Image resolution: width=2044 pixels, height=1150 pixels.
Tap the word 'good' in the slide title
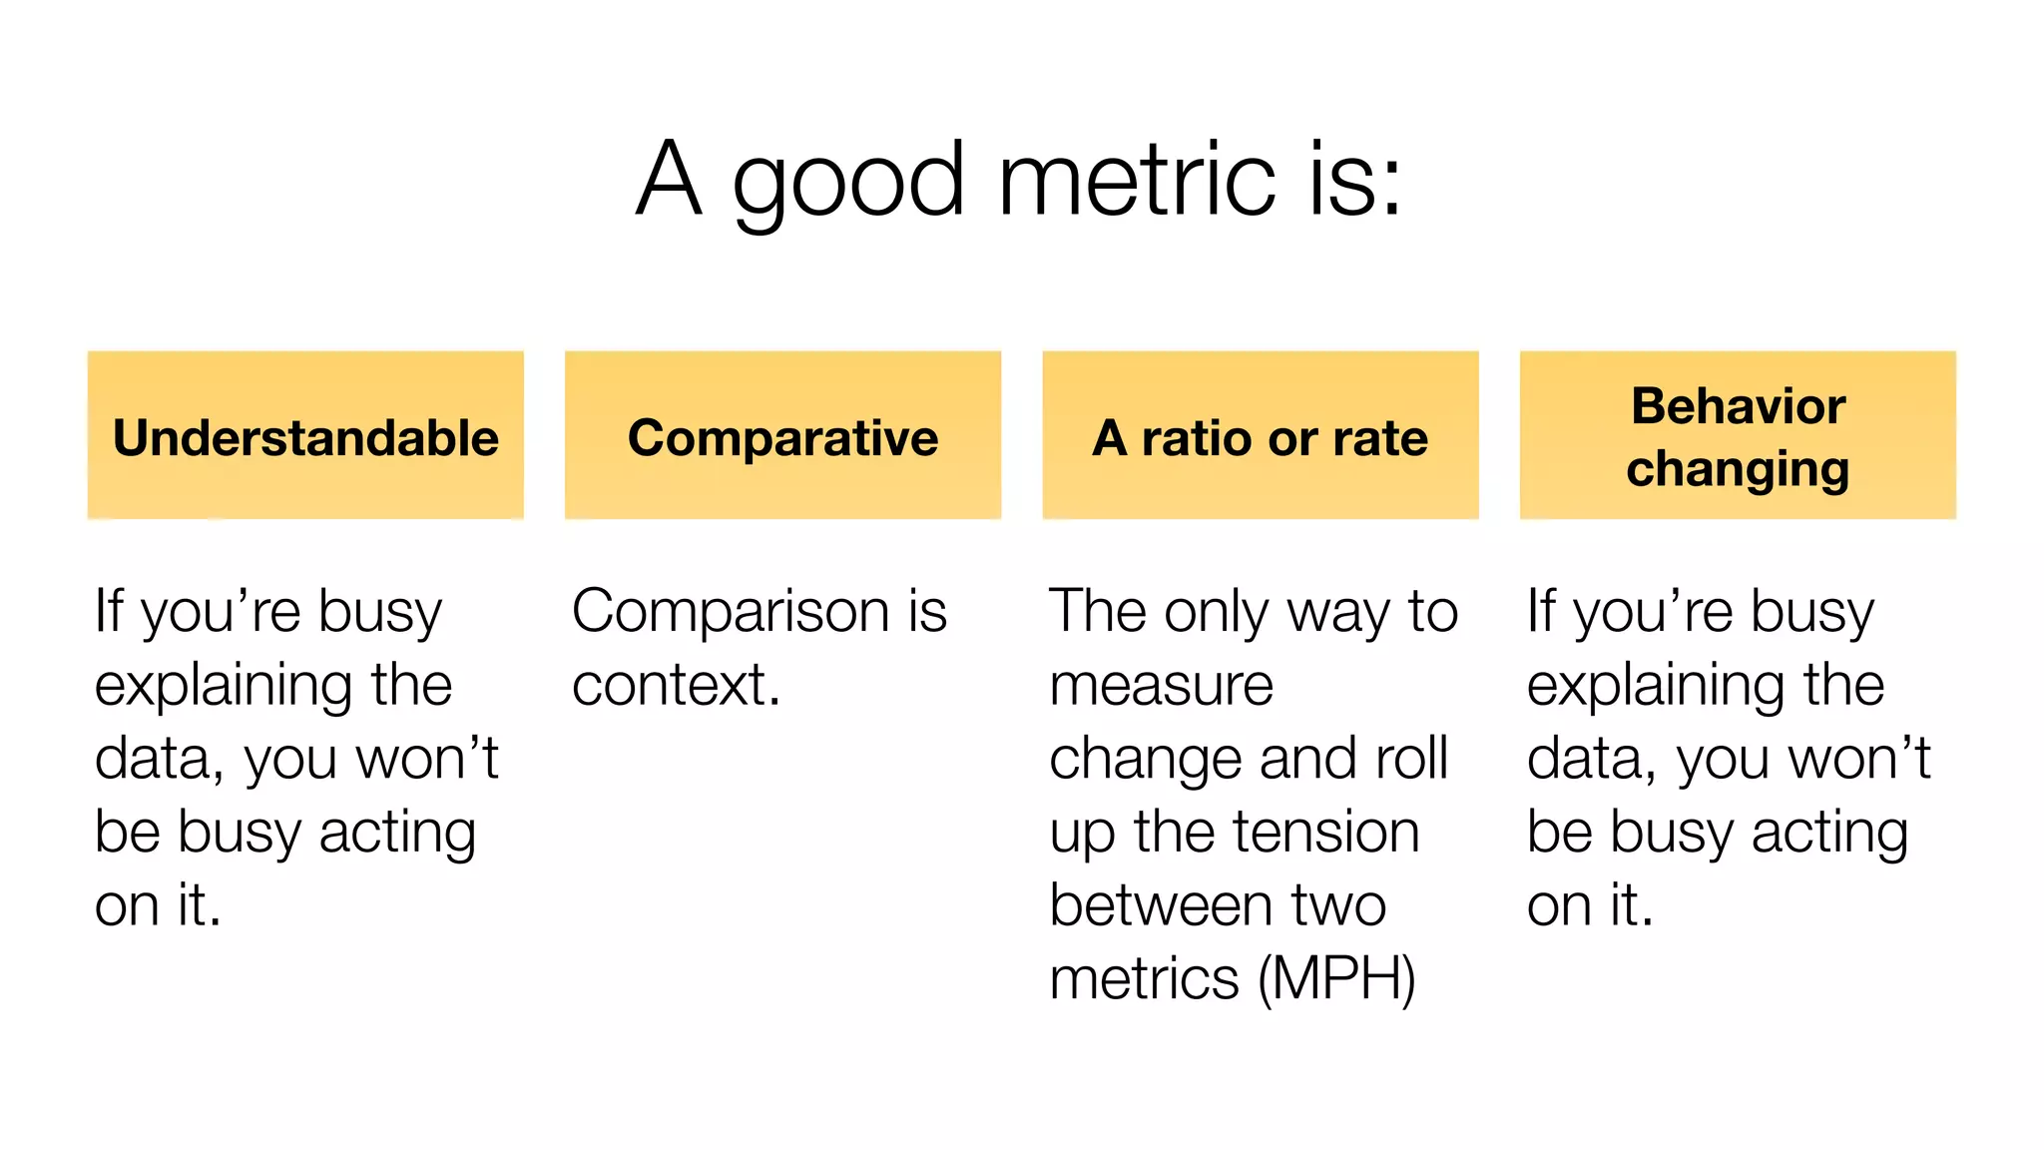[848, 185]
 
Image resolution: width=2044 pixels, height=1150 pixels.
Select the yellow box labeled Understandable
[305, 435]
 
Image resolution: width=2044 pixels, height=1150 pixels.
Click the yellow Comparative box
[782, 435]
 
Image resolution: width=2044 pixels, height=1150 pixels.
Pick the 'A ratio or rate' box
[1260, 435]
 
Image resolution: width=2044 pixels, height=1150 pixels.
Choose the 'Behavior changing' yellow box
[1737, 435]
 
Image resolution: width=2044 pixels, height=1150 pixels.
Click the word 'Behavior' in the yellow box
[1738, 405]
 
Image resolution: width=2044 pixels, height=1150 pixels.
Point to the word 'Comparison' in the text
[730, 611]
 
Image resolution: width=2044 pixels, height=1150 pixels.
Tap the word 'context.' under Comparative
[676, 685]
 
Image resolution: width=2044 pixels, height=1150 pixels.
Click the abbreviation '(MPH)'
[1336, 979]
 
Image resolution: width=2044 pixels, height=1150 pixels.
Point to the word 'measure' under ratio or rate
[1161, 685]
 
